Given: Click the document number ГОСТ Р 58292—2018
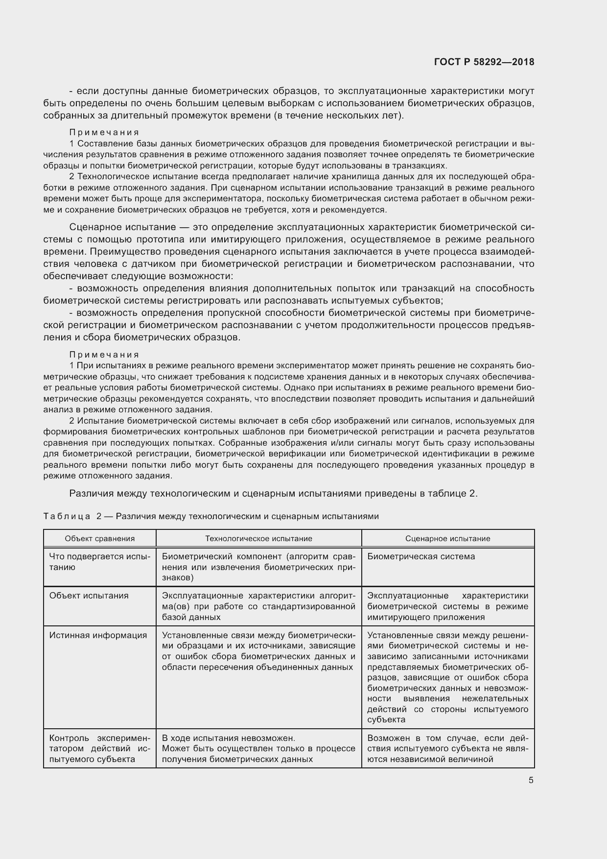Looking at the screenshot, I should coord(484,62).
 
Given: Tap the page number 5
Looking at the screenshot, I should coord(531,780).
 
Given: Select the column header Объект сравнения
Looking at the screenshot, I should coord(100,539).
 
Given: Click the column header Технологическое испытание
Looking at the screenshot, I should coord(258,539).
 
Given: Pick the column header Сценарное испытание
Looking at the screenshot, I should coord(447,539).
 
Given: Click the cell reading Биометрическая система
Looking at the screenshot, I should coord(421,556).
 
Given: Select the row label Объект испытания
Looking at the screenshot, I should coord(89,596).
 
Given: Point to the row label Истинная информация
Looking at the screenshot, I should coord(98,635).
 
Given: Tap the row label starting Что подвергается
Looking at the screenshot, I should coord(99,562).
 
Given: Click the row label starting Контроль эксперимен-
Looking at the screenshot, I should coord(99,748).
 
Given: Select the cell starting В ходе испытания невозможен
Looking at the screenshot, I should coord(258,748).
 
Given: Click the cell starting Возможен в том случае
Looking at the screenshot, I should coord(447,748).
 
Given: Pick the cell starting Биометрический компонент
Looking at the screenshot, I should coord(258,567).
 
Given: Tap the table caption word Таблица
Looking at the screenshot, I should coord(67,516).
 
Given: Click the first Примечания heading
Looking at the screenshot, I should coord(104,132).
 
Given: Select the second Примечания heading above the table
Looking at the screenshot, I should coord(104,355).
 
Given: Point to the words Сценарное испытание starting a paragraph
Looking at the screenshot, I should coord(122,227).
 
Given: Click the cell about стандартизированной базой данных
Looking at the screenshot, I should coord(258,606).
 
